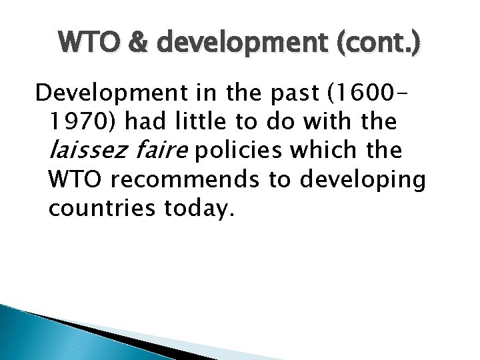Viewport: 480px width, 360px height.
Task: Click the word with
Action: pyautogui.click(x=338, y=123)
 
